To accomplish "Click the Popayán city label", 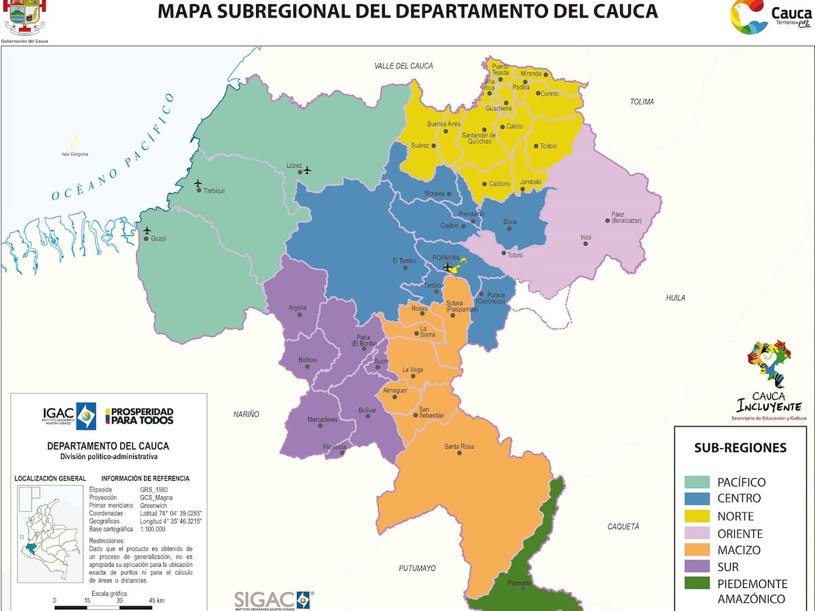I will pos(446,258).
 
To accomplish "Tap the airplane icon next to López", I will pos(307,170).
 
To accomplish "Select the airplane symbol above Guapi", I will pos(147,231).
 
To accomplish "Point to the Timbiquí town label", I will pos(213,191).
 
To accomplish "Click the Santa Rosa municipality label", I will pos(459,447).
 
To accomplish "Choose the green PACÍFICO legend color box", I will pos(696,482).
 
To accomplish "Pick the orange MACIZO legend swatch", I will pos(696,550).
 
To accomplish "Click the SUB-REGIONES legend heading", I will pos(740,447).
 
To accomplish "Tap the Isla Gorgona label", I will pos(75,154).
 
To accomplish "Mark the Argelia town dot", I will pos(300,314).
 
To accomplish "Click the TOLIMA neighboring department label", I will pos(642,102).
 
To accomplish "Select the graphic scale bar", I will pos(109,606).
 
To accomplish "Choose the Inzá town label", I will pos(586,238).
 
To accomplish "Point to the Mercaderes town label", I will pos(322,420).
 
